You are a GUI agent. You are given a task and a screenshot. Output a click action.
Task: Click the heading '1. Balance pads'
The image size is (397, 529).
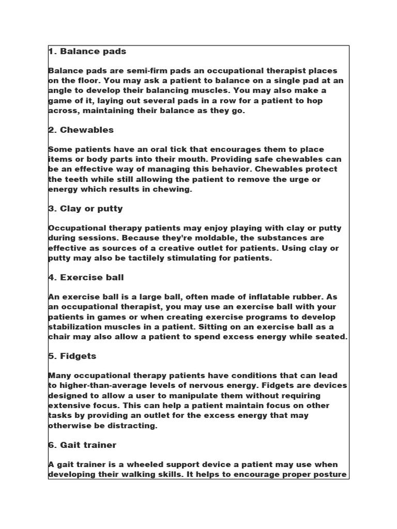(87, 51)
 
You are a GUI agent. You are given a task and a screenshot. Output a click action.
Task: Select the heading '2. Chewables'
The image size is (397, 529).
(81, 130)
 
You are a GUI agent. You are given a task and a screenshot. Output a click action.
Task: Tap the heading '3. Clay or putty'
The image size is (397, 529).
(85, 209)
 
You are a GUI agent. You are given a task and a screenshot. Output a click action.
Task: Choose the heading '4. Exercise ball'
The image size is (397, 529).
(86, 277)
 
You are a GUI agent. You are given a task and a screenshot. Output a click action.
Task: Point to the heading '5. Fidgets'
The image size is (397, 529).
(72, 356)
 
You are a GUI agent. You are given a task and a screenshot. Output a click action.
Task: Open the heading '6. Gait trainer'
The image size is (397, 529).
(82, 445)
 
